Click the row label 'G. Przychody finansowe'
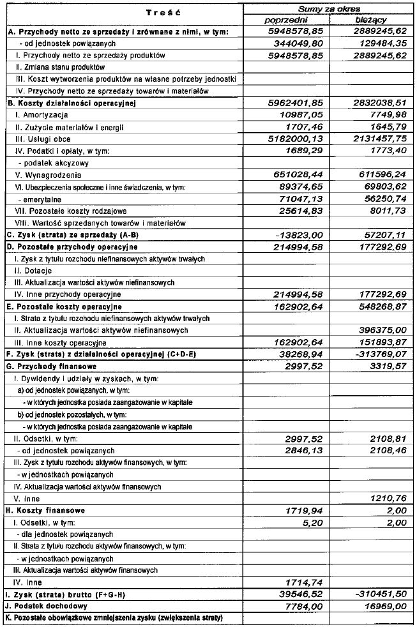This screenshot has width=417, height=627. pyautogui.click(x=51, y=366)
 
